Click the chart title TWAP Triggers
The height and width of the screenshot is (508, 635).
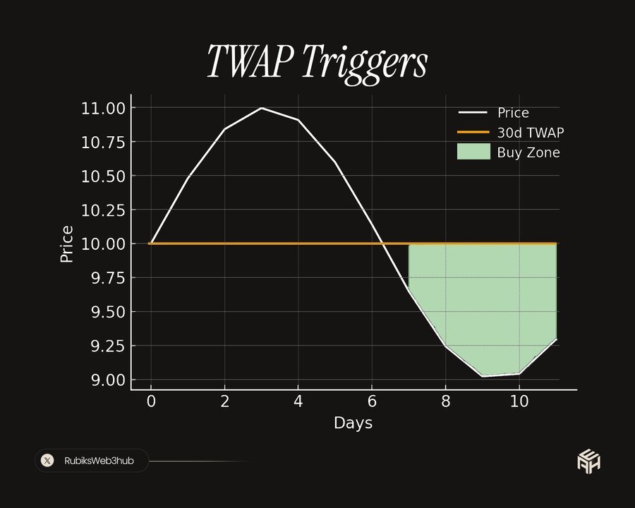pos(317,63)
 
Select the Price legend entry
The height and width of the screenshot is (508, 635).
pos(513,113)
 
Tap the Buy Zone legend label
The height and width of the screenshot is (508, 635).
pos(528,152)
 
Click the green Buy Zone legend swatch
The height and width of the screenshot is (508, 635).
pos(473,152)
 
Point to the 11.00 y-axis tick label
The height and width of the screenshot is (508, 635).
pos(102,108)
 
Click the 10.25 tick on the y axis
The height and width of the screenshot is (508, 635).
pos(102,210)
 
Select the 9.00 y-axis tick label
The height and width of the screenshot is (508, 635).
pos(107,380)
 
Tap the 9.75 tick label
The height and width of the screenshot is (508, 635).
pos(107,278)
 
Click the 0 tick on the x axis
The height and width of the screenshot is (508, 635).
pos(150,401)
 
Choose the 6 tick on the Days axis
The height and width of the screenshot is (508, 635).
pos(372,401)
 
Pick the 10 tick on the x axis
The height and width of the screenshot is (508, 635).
pos(519,401)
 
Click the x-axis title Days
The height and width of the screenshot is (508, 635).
pos(353,423)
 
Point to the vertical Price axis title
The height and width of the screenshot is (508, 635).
pos(67,244)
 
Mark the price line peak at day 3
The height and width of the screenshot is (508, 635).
pos(261,108)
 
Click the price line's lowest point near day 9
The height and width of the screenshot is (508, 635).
pos(483,376)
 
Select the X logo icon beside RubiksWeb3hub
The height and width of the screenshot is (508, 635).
pos(47,461)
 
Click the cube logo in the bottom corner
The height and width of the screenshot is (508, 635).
pos(588,460)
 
